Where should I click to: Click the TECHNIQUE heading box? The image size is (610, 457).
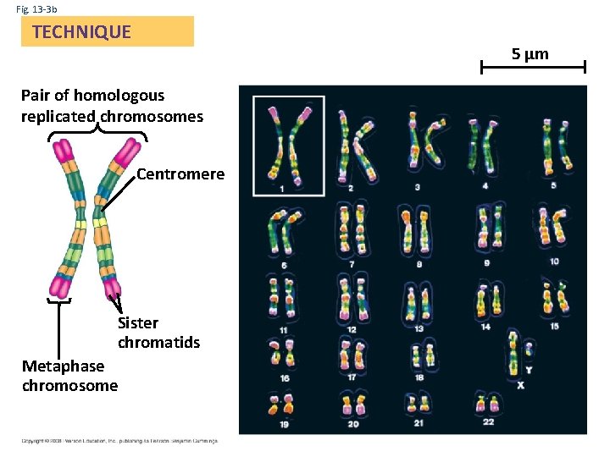pyautogui.click(x=107, y=32)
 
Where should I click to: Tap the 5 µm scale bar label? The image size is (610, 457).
pyautogui.click(x=530, y=54)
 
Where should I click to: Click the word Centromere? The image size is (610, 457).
pyautogui.click(x=180, y=174)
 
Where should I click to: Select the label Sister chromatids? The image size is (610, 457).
pyautogui.click(x=158, y=333)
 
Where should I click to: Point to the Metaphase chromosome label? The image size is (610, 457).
pyautogui.click(x=69, y=376)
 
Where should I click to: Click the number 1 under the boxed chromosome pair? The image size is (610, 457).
pyautogui.click(x=281, y=189)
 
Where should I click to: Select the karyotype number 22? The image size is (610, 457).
pyautogui.click(x=487, y=421)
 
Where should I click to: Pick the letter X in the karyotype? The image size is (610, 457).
pyautogui.click(x=520, y=385)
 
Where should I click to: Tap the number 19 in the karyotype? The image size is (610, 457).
pyautogui.click(x=284, y=422)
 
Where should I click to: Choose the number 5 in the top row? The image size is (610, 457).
pyautogui.click(x=553, y=184)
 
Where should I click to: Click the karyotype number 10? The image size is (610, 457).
pyautogui.click(x=554, y=262)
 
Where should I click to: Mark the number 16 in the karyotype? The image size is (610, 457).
pyautogui.click(x=284, y=377)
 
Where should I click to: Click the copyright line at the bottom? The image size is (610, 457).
pyautogui.click(x=119, y=440)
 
